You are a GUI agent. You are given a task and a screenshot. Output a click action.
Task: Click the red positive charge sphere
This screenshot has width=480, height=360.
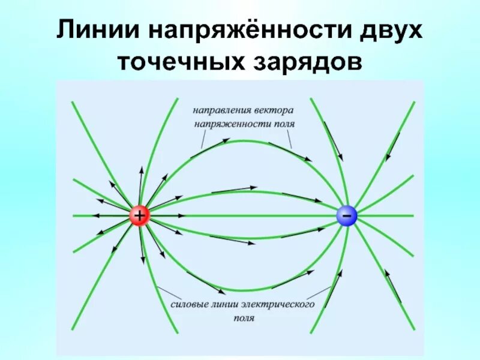point(139,215)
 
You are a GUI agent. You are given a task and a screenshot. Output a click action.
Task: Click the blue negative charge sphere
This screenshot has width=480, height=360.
point(346,215)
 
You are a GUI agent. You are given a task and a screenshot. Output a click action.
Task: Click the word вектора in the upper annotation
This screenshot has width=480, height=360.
point(274,110)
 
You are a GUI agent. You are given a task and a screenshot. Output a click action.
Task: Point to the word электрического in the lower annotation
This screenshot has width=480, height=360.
point(281,305)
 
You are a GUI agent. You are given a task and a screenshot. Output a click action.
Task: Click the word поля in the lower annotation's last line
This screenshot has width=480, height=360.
point(244,319)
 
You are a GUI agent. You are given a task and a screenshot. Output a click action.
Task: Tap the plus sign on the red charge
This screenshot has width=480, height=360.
point(139,215)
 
